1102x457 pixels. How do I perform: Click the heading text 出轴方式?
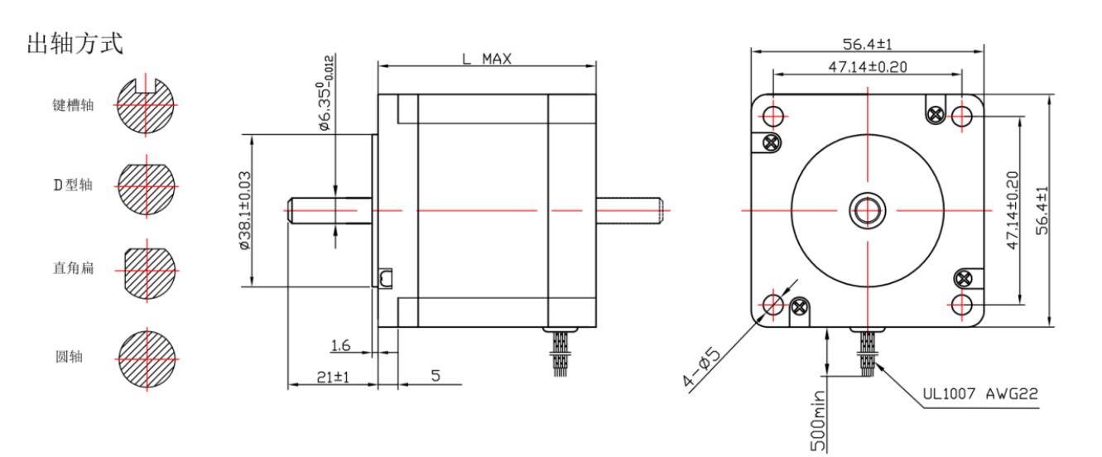click(75, 44)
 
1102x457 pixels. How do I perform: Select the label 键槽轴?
click(73, 105)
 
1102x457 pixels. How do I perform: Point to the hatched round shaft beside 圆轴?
click(147, 358)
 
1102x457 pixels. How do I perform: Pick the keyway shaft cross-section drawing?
click(147, 105)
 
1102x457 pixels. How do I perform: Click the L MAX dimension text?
click(486, 59)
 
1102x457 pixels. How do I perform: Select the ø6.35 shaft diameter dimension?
click(325, 93)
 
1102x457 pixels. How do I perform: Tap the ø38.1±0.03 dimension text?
click(244, 210)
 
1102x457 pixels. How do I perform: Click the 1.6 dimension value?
click(340, 344)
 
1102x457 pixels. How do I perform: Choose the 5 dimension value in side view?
click(435, 377)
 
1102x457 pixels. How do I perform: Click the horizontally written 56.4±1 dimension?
click(867, 44)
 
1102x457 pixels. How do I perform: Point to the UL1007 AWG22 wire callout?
click(980, 395)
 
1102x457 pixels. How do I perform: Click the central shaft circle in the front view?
click(867, 211)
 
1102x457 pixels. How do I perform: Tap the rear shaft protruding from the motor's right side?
click(629, 210)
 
